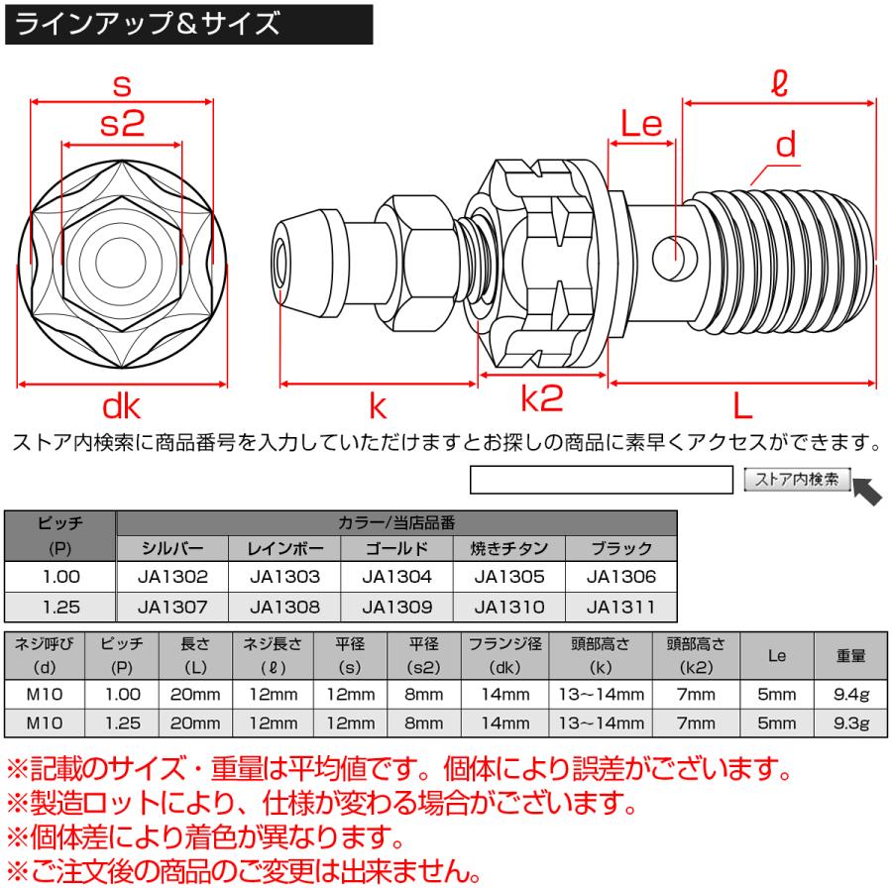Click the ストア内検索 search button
[x=797, y=480]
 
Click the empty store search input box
[x=601, y=481]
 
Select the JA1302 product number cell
[x=172, y=576]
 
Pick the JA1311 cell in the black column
[x=620, y=605]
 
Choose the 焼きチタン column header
[x=508, y=548]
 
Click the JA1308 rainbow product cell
[x=284, y=605]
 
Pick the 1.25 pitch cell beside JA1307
[x=60, y=605]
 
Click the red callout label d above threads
[x=785, y=147]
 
